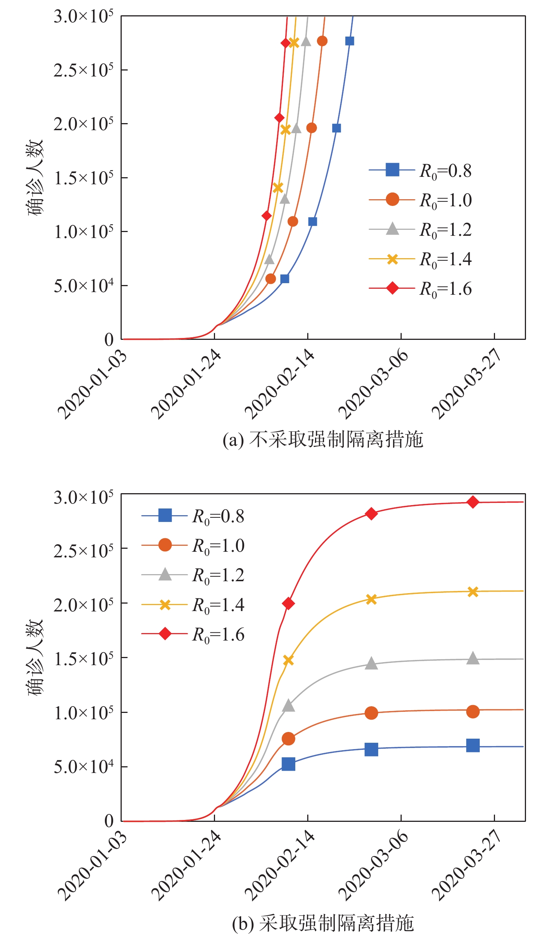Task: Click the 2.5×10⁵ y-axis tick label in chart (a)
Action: [x=83, y=70]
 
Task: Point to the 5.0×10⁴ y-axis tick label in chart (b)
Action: [x=83, y=767]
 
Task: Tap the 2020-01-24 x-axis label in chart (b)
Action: [x=186, y=865]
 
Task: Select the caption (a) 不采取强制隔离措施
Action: [x=323, y=439]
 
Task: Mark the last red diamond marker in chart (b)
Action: [x=473, y=502]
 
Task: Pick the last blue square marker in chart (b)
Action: [x=473, y=745]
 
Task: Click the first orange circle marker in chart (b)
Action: [x=288, y=739]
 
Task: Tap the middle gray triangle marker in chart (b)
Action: [x=371, y=663]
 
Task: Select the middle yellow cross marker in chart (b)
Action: [x=371, y=599]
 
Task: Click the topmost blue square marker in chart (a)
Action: [x=349, y=41]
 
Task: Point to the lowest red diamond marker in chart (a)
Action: [x=267, y=216]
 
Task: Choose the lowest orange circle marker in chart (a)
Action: [x=271, y=279]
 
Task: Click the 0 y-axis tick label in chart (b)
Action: [x=109, y=821]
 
